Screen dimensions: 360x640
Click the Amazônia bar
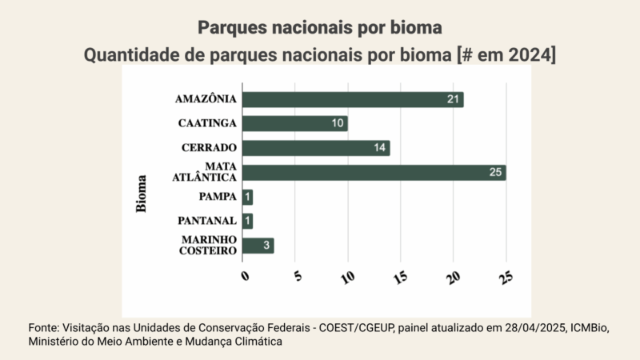pos(352,99)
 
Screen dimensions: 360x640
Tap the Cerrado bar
pos(315,148)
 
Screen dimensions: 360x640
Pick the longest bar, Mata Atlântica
pos(373,172)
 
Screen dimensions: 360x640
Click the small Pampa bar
pos(248,197)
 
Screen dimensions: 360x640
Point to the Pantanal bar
pos(248,221)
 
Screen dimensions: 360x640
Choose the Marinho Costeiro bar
pos(258,246)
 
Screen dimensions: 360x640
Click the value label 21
pos(454,99)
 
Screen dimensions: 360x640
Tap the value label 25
pos(496,172)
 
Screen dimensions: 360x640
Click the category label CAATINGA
pos(207,123)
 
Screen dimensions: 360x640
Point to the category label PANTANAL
pos(207,221)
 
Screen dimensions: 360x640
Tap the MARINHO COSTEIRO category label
pos(207,246)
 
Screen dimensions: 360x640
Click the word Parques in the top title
pos(230,28)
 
